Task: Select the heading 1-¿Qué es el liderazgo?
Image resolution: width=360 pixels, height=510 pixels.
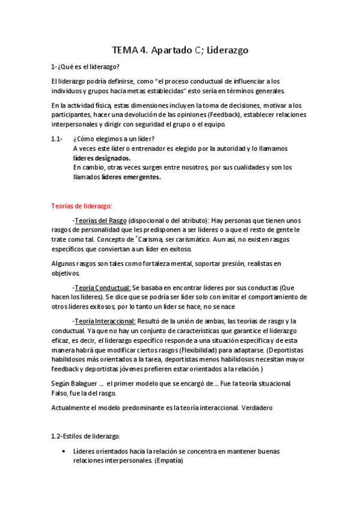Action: pyautogui.click(x=85, y=67)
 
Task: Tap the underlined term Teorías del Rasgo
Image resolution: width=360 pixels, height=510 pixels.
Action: pyautogui.click(x=99, y=220)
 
